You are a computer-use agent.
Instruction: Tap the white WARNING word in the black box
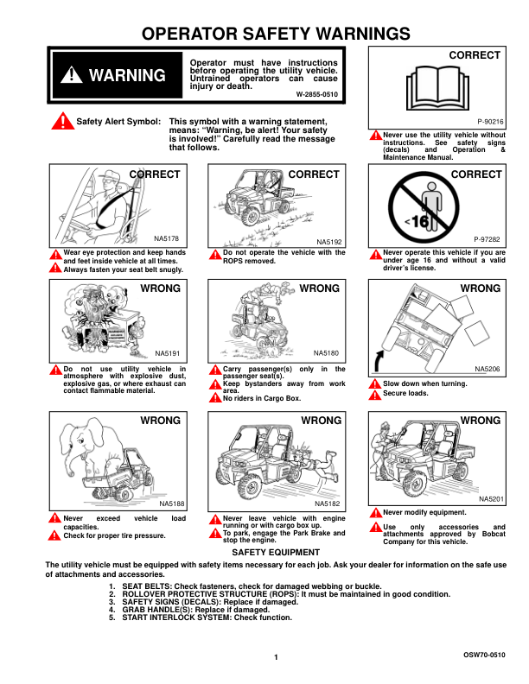[127, 76]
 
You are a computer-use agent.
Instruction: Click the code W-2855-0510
[316, 93]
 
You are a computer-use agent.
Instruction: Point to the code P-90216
[491, 123]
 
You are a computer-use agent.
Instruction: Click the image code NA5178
[167, 238]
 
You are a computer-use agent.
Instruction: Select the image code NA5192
[329, 242]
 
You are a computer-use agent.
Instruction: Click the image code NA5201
[491, 499]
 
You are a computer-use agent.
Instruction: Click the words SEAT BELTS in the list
[144, 587]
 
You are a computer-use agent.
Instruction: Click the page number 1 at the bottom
[275, 659]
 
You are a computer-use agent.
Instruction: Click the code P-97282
[488, 238]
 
